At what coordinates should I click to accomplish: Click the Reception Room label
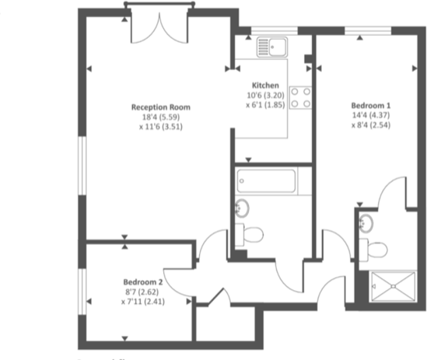(x=161, y=107)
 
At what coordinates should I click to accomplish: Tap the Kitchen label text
(x=265, y=85)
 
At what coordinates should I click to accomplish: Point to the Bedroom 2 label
(x=142, y=281)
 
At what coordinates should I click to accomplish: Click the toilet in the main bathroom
(x=250, y=232)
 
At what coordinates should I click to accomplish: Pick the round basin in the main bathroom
(x=242, y=208)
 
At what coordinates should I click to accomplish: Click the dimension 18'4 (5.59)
(x=161, y=117)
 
